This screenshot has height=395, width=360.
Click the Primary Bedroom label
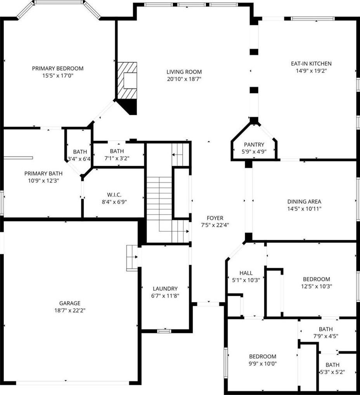click(58, 68)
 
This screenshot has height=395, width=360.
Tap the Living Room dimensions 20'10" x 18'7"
click(184, 79)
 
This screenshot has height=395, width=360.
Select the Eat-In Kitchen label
click(311, 64)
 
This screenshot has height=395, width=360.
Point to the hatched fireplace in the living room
click(128, 81)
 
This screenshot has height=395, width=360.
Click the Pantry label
click(254, 145)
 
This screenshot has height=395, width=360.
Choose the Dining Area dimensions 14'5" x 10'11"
click(304, 209)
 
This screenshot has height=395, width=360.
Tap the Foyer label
click(215, 218)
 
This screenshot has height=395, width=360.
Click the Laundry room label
click(165, 288)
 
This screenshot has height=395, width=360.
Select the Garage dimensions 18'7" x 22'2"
click(70, 310)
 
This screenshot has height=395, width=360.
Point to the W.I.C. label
click(114, 195)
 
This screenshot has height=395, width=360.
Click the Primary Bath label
click(43, 173)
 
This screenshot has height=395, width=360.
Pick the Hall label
click(246, 273)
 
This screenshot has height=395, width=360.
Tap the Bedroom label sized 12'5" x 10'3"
click(317, 279)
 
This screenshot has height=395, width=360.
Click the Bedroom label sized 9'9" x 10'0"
click(263, 357)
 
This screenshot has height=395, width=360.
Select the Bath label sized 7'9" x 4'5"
click(326, 329)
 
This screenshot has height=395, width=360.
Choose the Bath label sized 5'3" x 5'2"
click(332, 365)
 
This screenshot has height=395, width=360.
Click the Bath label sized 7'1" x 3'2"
click(117, 151)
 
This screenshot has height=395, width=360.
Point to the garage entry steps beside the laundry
click(132, 258)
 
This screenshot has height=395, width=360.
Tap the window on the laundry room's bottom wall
click(164, 331)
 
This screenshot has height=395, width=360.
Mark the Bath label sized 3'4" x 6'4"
click(80, 152)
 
